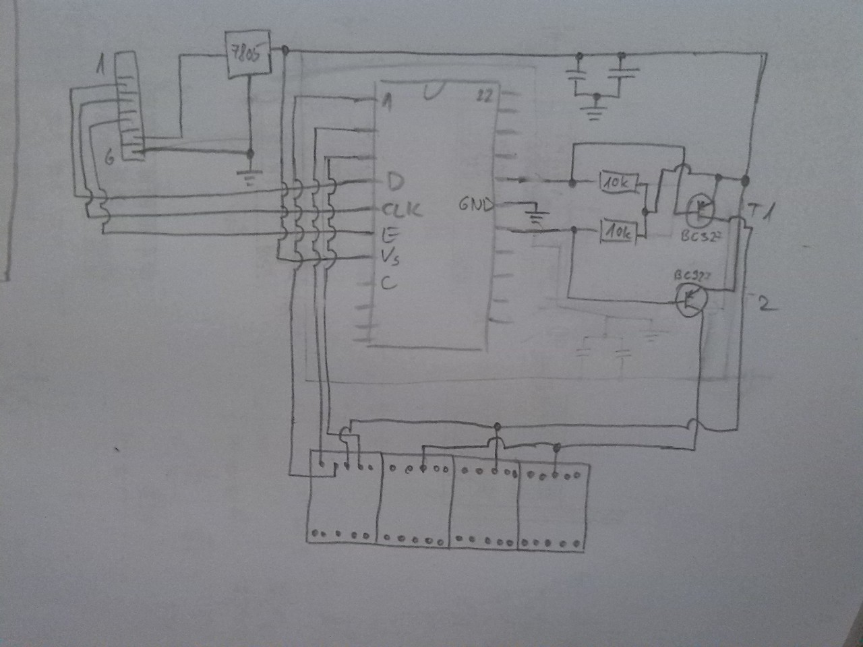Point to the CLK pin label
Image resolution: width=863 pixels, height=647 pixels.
coord(403,209)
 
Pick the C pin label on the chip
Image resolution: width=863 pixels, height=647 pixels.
coord(389,283)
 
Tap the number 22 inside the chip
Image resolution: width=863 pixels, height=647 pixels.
coord(484,96)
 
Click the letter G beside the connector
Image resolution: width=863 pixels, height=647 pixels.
coord(110,158)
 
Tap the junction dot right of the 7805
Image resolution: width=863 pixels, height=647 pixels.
coord(285,51)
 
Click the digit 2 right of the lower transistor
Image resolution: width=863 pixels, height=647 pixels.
coord(765,304)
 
